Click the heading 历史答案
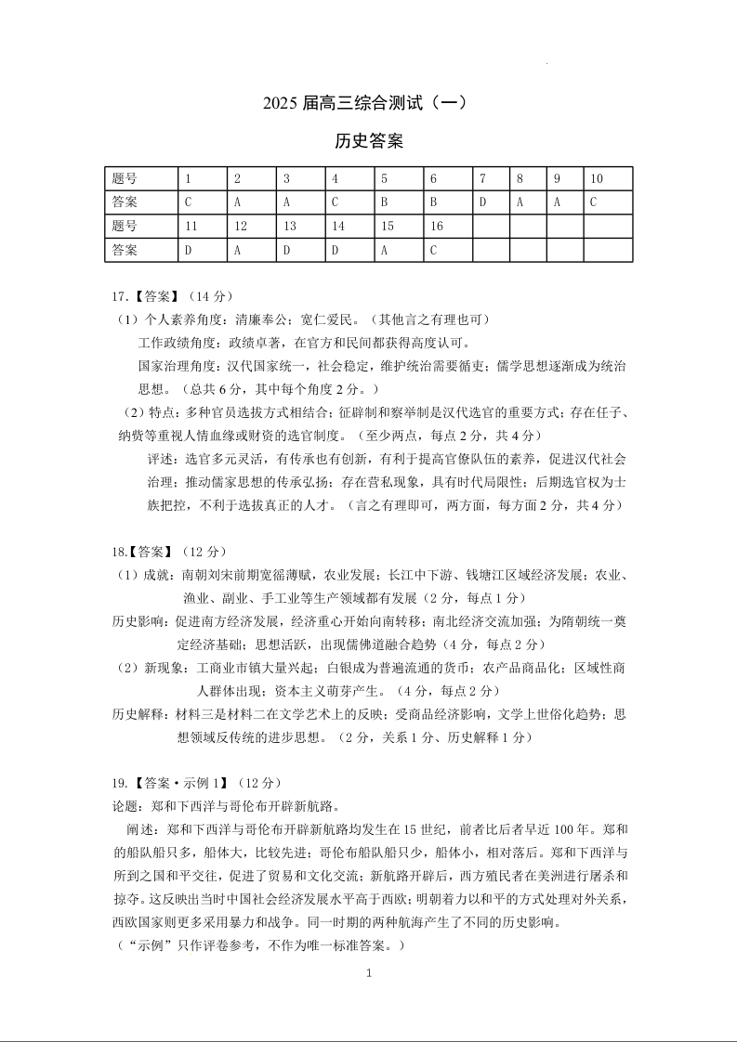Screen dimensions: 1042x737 [x=368, y=141]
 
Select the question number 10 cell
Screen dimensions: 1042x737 [x=608, y=178]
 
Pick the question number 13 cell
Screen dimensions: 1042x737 [x=300, y=226]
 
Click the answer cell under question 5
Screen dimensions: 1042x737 [x=399, y=202]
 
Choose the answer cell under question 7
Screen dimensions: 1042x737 [x=491, y=202]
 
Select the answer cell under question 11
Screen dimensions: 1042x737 [x=202, y=250]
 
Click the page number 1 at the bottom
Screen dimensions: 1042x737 [x=369, y=973]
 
